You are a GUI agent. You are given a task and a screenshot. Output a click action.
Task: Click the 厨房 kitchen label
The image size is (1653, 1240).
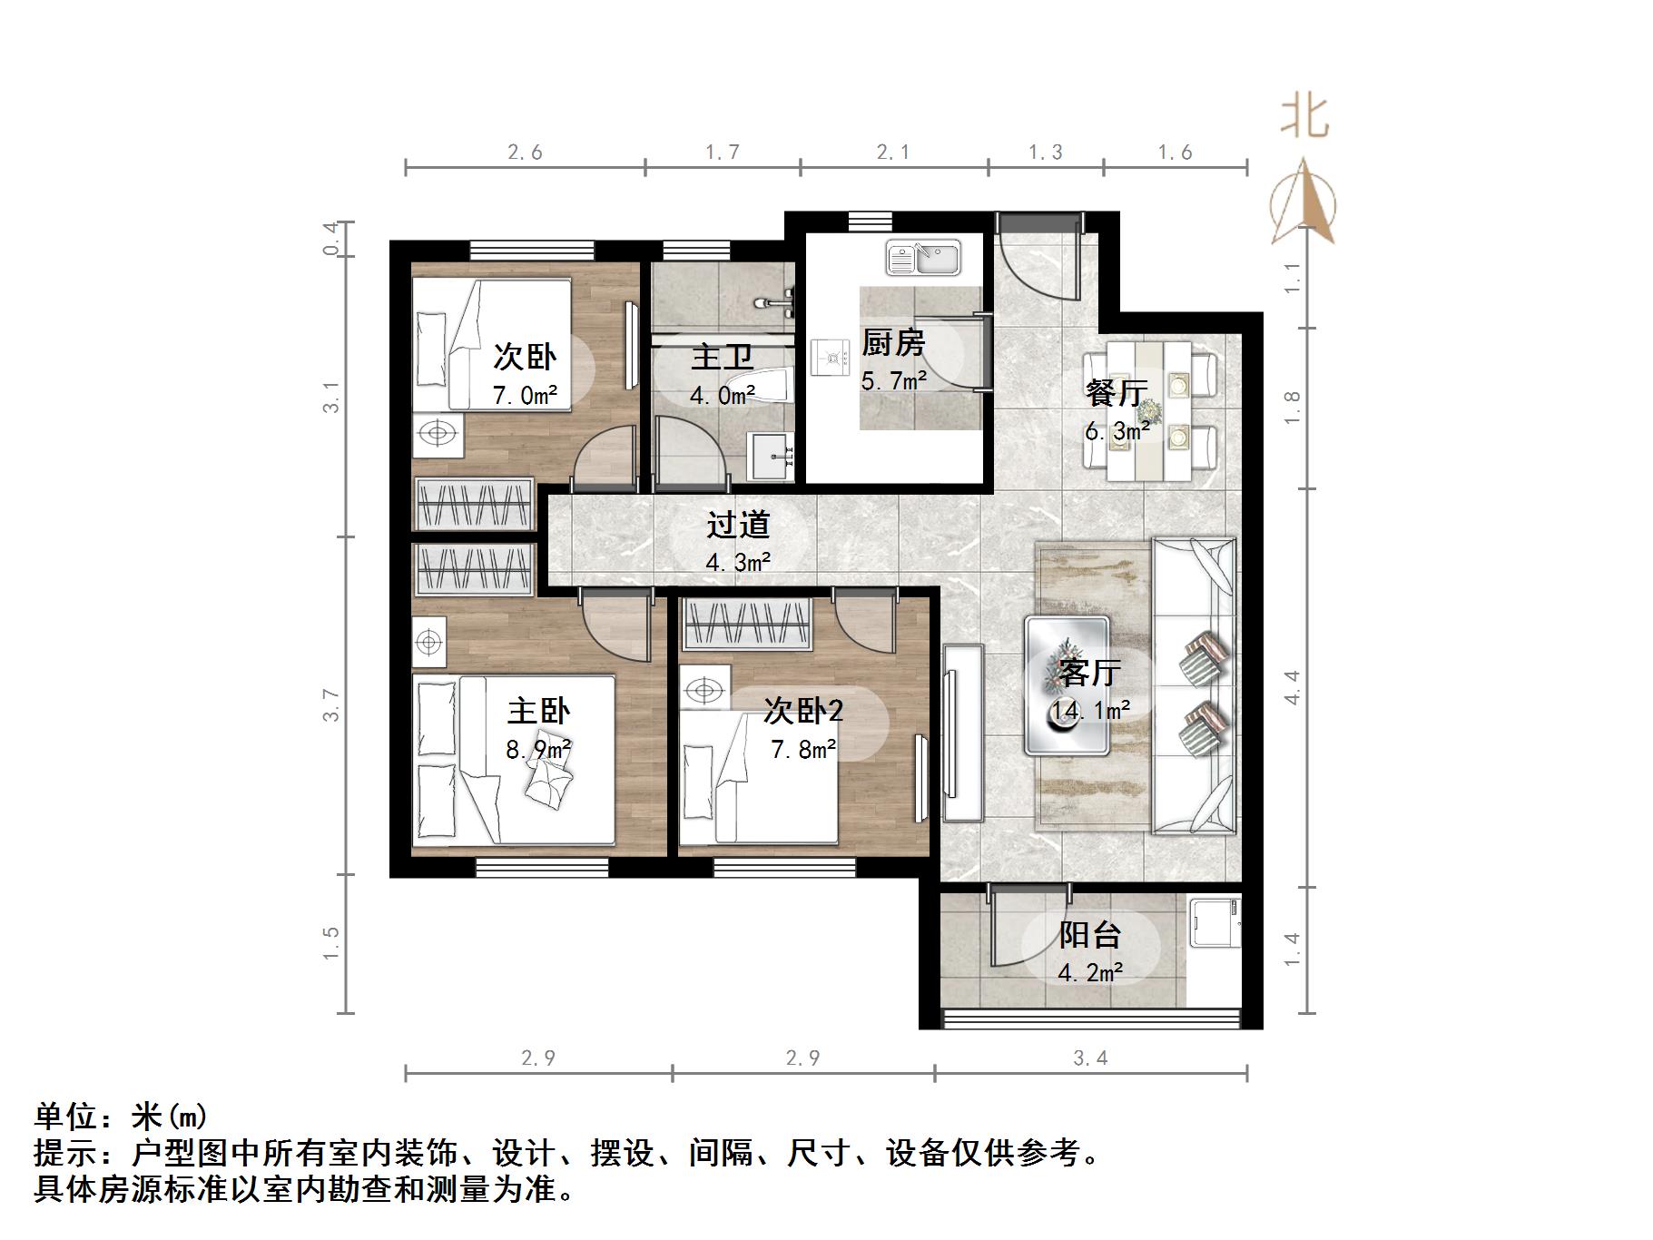point(892,343)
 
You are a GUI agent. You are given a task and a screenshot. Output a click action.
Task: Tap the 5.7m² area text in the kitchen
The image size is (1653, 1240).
point(893,381)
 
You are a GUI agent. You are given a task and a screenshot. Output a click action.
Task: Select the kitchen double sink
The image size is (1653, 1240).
point(923,258)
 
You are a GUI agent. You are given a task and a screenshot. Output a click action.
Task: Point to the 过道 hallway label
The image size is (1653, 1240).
point(738,525)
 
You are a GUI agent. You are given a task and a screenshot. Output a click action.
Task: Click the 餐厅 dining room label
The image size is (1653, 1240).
point(1117,392)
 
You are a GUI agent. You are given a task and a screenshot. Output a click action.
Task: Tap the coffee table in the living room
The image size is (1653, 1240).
point(1067,686)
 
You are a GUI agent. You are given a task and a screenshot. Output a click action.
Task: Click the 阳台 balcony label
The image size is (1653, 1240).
point(1089,935)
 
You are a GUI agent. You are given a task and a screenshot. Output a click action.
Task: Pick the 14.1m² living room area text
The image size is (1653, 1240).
point(1090,710)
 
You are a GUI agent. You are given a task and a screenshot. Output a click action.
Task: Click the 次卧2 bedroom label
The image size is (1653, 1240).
point(802,710)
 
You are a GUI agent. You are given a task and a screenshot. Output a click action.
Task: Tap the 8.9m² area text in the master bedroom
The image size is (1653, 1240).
point(538,749)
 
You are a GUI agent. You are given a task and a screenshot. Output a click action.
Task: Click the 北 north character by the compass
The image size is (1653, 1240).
point(1304,117)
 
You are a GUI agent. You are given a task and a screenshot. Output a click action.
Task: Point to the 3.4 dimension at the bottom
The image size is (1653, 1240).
point(1090,1058)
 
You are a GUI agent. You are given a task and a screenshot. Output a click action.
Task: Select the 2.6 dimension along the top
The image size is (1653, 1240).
point(525,152)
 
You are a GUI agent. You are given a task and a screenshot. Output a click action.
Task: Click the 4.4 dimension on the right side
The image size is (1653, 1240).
point(1292,687)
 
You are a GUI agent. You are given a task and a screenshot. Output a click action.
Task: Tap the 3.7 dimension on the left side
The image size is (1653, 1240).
point(332,705)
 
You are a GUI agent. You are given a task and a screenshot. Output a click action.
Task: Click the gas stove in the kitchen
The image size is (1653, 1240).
point(828,358)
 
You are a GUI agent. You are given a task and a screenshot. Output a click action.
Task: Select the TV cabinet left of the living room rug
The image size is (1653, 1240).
point(962,732)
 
